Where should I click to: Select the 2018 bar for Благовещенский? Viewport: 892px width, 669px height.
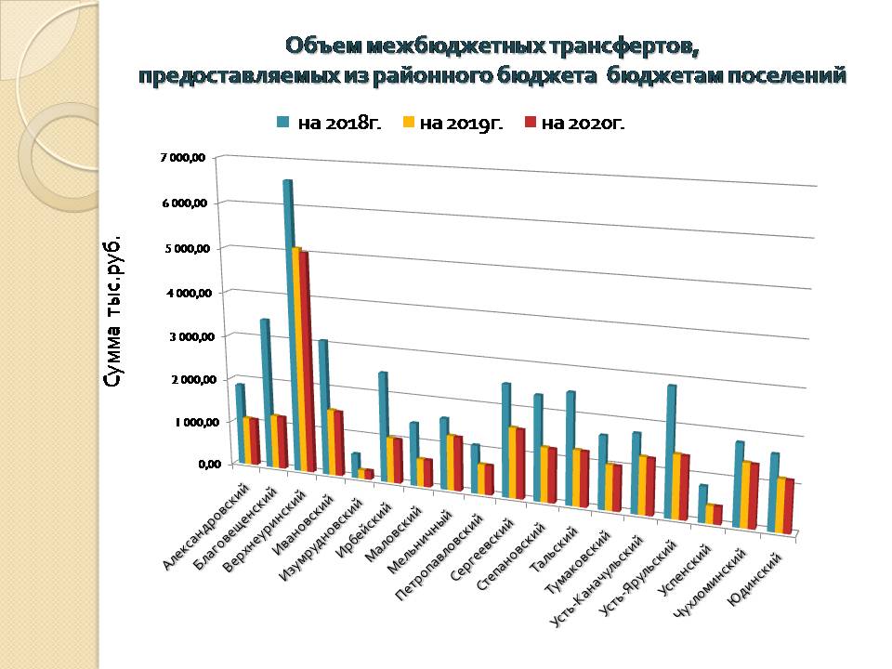265,390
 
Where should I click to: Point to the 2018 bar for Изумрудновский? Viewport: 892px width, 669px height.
355,464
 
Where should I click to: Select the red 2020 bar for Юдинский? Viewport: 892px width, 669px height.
788,506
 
